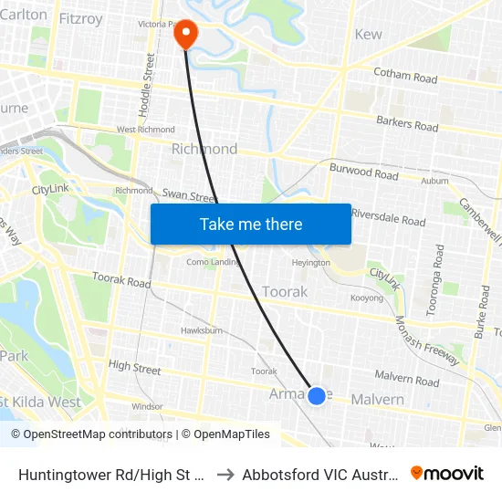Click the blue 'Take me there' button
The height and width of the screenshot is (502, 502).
(251, 225)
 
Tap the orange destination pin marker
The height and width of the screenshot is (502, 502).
(185, 34)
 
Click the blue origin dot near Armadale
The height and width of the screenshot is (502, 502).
(317, 395)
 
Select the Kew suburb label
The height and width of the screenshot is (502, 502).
(368, 35)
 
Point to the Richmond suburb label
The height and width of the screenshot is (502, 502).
(204, 149)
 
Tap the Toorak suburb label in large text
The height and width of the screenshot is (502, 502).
(285, 291)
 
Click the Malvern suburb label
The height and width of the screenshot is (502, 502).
(378, 400)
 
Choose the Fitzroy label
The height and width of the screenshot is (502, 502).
(80, 17)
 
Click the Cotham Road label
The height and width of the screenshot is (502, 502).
(405, 77)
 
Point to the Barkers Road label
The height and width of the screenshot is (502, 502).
(407, 123)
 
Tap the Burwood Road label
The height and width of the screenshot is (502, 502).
(363, 172)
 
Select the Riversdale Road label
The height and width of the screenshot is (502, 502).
(388, 220)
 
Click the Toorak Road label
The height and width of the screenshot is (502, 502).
(121, 282)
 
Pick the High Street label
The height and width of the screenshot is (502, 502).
(134, 368)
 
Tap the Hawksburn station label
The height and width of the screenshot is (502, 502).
(202, 330)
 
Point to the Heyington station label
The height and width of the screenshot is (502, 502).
(310, 263)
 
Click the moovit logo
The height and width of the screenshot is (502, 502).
(447, 473)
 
